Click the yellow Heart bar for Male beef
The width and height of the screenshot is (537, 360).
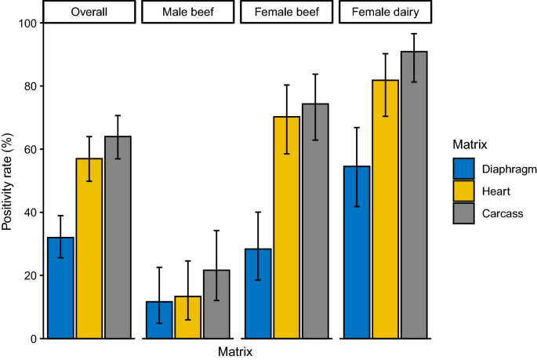(x=187, y=318)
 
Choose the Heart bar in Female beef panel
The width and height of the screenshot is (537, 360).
(x=286, y=227)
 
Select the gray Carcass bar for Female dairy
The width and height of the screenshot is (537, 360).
(x=414, y=195)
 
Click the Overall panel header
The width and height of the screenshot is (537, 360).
(x=89, y=13)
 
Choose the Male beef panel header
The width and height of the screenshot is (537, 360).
(x=187, y=13)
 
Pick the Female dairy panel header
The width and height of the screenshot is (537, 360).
(x=385, y=13)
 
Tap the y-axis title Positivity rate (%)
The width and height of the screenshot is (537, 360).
(x=9, y=180)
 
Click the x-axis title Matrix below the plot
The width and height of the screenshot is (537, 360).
(x=237, y=352)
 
